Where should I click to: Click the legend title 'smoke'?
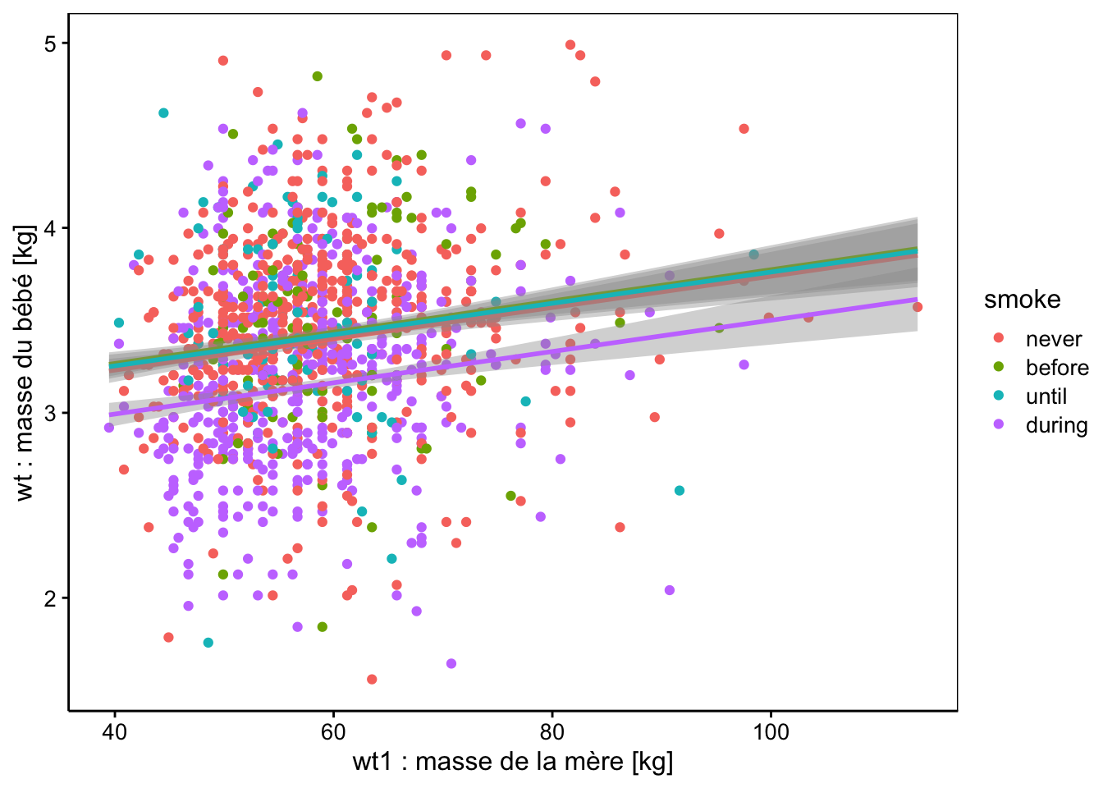click(1022, 300)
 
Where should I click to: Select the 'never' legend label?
click(1053, 339)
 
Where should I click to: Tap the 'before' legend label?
click(1057, 368)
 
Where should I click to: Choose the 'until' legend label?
click(1046, 396)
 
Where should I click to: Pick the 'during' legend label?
click(1056, 425)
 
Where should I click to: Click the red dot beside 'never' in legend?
click(999, 339)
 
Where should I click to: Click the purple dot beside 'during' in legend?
click(999, 425)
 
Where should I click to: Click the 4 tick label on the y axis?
click(51, 228)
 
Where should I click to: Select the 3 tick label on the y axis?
click(51, 413)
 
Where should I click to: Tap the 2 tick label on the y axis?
click(51, 598)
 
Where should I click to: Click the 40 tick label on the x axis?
click(114, 731)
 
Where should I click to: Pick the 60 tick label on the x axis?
click(333, 731)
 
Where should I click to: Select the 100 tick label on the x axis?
click(771, 731)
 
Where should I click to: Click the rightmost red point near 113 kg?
click(917, 307)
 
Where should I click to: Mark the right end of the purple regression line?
click(916, 300)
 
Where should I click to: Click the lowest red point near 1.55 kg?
click(372, 679)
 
